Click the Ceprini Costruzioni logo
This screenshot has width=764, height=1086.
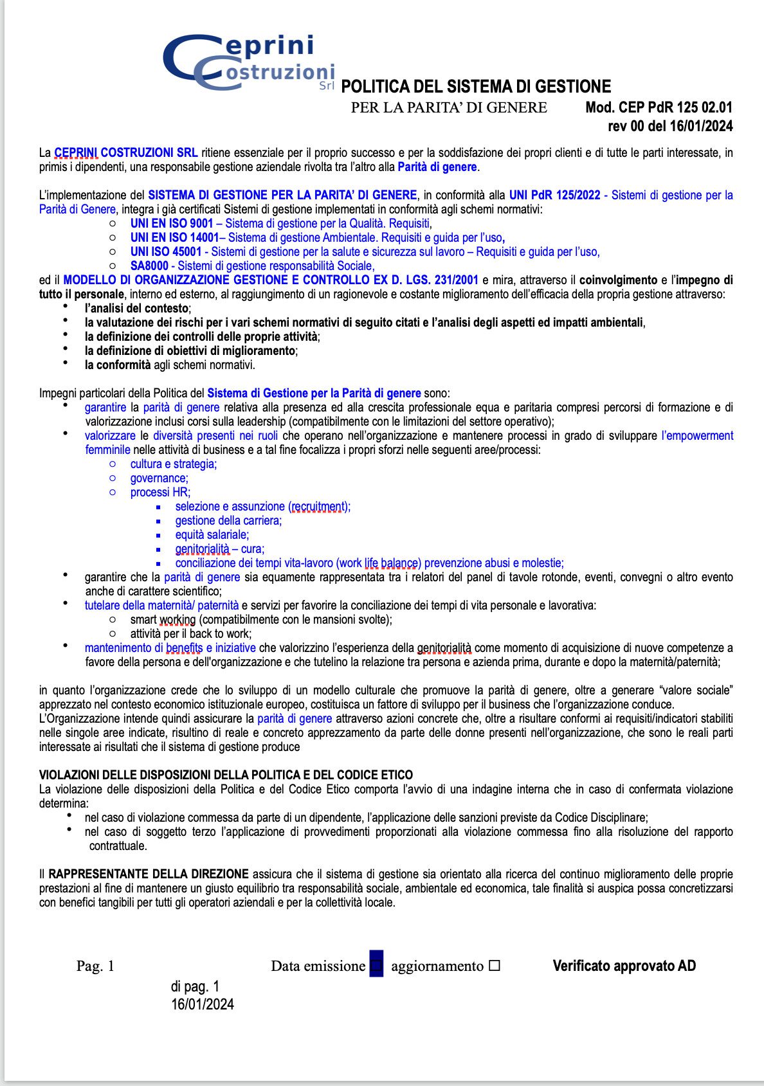coord(249,62)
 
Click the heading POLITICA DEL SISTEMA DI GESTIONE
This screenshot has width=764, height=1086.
coord(476,87)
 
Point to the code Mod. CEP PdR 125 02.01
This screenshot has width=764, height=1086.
coord(659,108)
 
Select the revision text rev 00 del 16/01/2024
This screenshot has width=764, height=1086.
coord(670,126)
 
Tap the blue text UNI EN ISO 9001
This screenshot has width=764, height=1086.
coord(172,224)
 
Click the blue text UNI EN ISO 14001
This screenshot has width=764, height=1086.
coord(175,238)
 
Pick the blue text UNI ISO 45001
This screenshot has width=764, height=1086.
coord(166,252)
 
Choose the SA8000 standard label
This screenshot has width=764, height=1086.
coord(149,266)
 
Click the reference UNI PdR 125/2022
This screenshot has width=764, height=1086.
coord(554,195)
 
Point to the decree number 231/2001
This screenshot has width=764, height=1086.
coord(457,280)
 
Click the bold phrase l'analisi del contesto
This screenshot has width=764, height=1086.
coord(137,309)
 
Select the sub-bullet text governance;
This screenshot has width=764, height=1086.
coord(159,478)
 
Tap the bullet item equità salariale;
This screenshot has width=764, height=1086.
coord(212,535)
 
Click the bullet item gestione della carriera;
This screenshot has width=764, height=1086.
coord(228,521)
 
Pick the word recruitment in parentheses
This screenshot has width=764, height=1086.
coord(318,507)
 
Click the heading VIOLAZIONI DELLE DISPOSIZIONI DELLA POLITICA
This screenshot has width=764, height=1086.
coord(226,775)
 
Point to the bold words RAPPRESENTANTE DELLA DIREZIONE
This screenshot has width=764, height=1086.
coord(149,874)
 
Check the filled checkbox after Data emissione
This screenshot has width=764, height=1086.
coord(376,965)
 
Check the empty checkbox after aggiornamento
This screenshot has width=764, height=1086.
coord(494,966)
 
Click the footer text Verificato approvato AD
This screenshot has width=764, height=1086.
coord(624,966)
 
